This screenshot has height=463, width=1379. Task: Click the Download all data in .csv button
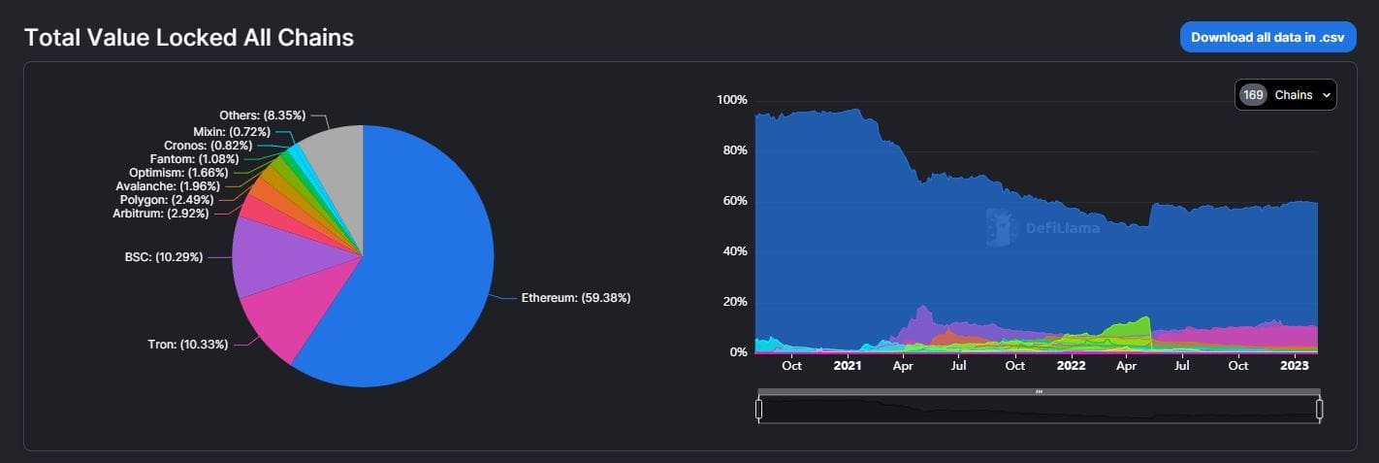tap(1267, 37)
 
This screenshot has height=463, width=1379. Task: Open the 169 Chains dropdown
tap(1286, 95)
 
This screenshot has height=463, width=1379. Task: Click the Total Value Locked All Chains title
tap(189, 38)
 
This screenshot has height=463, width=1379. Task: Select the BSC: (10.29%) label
tap(163, 257)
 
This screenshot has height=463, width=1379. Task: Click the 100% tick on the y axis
tap(731, 100)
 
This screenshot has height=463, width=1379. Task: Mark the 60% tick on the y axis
tap(734, 201)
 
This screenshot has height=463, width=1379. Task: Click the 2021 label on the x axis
tap(848, 366)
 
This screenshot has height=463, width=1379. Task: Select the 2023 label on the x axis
tap(1295, 366)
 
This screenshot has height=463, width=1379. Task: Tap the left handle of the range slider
tap(759, 410)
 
